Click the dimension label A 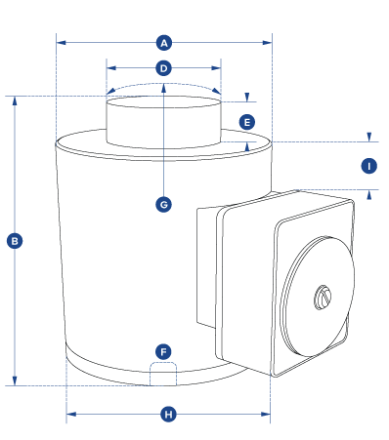point(164,43)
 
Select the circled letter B point(15,241)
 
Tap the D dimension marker point(163,68)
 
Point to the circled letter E point(247,123)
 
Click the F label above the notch point(163,352)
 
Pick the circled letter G point(163,205)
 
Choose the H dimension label point(168,415)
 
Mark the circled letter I point(369,166)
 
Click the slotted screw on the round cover point(323,298)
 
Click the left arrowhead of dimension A point(62,43)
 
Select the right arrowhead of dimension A point(267,43)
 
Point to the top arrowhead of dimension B point(15,100)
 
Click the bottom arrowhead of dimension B point(15,380)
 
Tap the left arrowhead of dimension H point(71,414)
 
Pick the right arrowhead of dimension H point(266,414)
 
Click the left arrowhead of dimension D point(111,68)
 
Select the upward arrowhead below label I point(369,195)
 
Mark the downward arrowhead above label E point(247,98)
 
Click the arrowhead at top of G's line point(163,88)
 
